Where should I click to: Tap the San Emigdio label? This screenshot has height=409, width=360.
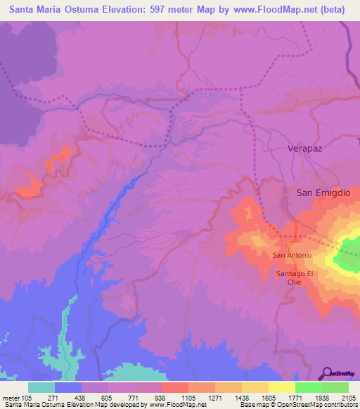(x=322, y=192)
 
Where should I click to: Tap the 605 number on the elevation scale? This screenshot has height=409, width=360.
(x=108, y=397)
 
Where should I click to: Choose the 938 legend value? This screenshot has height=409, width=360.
(x=161, y=397)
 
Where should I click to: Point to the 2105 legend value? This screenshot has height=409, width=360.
(x=348, y=397)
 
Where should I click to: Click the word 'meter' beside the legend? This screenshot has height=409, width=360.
(x=10, y=397)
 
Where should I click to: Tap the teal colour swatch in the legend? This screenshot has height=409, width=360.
(x=41, y=387)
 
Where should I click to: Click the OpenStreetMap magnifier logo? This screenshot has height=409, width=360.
(x=327, y=373)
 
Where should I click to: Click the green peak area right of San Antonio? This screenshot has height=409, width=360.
(x=349, y=257)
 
